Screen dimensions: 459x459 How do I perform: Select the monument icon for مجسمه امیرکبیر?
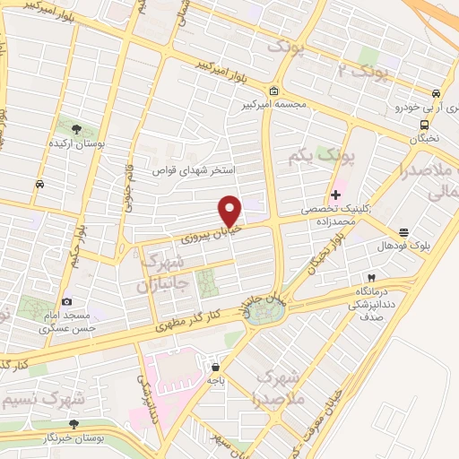point(273,91)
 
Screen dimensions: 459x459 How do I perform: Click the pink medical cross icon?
point(335,195)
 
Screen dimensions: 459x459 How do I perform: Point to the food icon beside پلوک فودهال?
point(403,230)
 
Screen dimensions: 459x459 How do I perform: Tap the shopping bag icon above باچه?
point(215,367)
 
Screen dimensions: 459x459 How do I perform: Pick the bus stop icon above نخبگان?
point(425,125)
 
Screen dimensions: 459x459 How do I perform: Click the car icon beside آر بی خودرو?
point(436,93)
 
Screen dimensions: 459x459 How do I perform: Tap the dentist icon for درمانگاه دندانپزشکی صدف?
point(369,279)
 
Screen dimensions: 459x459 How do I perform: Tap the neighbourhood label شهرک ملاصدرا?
point(281,386)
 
